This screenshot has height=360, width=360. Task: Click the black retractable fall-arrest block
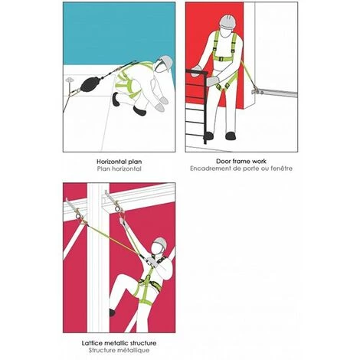89,84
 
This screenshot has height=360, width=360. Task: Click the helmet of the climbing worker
161,242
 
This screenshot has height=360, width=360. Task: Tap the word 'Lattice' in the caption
91,343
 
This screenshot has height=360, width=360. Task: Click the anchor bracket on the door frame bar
257,90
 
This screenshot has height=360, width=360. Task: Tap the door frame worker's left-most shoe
209,136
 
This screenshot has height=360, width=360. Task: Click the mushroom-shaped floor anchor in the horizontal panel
69,80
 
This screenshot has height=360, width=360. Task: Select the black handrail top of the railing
197,72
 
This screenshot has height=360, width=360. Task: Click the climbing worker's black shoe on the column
112,313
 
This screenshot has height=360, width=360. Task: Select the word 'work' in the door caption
259,162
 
